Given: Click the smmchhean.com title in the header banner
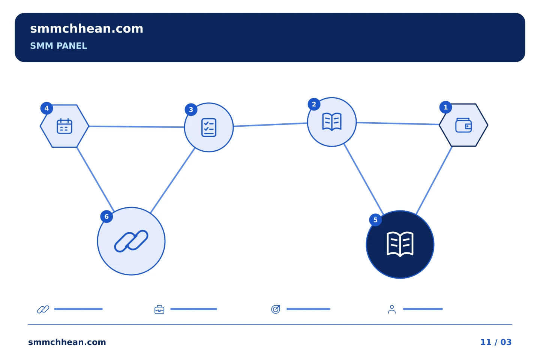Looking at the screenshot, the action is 87,29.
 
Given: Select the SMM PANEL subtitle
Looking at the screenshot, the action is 58,46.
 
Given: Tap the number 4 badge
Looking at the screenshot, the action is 47,108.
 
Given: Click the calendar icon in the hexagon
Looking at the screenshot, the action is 64,126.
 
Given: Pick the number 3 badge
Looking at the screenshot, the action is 191,110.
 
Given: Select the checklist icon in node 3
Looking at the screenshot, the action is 209,127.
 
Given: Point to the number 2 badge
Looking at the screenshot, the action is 314,104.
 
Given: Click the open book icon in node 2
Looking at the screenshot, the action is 332,122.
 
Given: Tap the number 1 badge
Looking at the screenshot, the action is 445,107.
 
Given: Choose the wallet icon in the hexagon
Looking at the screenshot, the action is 463,125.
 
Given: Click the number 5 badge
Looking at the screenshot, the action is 375,220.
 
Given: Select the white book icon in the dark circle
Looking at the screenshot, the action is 400,244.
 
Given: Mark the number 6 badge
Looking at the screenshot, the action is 106,216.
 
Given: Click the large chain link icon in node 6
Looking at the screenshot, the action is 131,241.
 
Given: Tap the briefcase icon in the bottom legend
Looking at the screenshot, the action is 159,309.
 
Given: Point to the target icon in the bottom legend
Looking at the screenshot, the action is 276,309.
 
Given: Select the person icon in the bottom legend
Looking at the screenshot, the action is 392,309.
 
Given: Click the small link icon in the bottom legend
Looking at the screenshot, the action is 43,309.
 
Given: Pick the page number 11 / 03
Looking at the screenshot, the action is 496,342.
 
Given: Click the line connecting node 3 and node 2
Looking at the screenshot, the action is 270,124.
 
